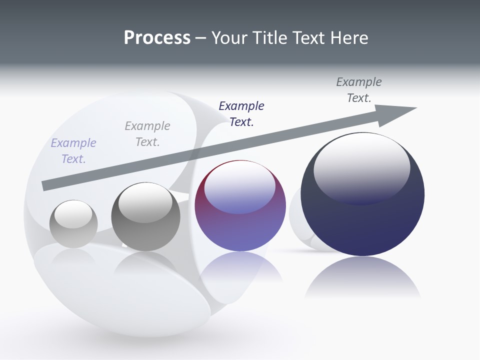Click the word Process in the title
pos(157,38)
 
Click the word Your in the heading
pos(230,38)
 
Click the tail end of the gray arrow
pos(45,185)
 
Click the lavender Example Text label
pos(73,151)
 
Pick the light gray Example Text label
pos(147,134)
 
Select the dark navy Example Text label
pos(241,114)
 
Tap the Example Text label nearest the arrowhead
pos(359,90)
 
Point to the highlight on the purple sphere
pos(240,186)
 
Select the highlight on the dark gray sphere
pos(145,202)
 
